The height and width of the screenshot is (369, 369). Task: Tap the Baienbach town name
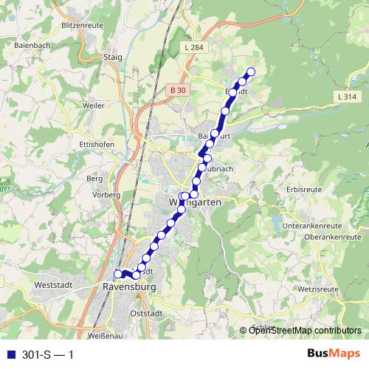(x=31, y=46)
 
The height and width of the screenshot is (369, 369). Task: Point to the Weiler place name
(x=94, y=106)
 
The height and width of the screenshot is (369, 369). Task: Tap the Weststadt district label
(x=52, y=283)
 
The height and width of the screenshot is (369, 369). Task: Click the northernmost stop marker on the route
(x=250, y=72)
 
